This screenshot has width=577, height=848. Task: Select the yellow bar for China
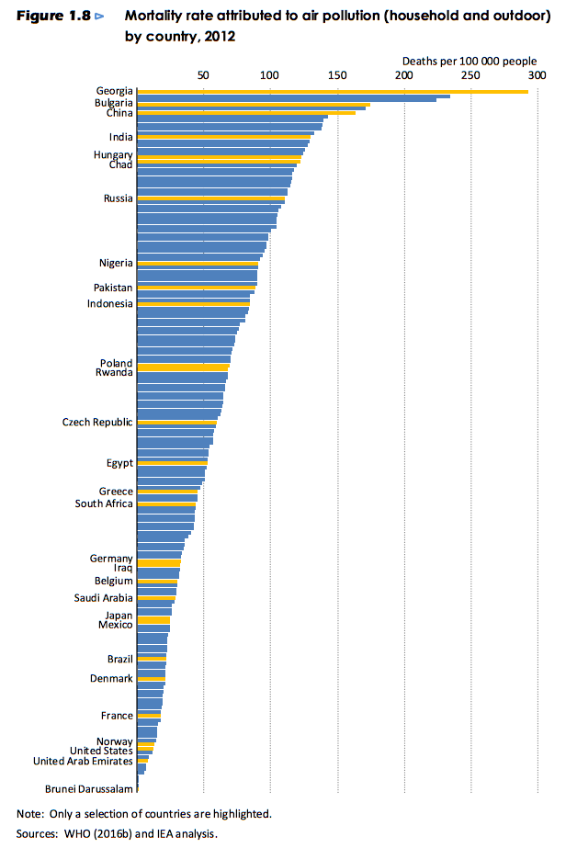[x=245, y=113]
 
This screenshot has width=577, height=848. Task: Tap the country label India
[x=120, y=137]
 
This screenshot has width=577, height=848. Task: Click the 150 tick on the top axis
[x=336, y=74]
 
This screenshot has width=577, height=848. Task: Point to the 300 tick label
[x=537, y=74]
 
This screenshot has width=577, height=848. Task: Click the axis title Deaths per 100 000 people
[x=469, y=61]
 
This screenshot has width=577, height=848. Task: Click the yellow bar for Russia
[x=210, y=198]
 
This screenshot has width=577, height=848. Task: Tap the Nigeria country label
[x=116, y=263]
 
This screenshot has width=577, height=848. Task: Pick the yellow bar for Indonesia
[x=193, y=303]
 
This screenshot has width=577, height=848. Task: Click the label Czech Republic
[x=97, y=422]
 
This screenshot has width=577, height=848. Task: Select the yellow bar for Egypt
[x=172, y=462]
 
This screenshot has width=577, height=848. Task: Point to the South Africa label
[x=104, y=503]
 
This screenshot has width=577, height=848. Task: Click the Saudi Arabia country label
[x=103, y=598]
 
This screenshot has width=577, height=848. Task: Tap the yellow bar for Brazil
[x=151, y=659]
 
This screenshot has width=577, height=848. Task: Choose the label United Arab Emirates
[x=83, y=761]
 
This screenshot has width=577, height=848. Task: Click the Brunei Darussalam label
[x=89, y=788]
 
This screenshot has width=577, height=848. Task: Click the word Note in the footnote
[x=29, y=814]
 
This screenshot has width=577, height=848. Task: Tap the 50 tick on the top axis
[x=203, y=74]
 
